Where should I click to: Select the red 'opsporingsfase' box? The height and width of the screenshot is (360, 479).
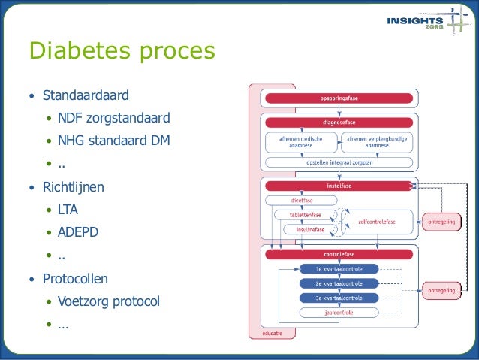pos(338,98)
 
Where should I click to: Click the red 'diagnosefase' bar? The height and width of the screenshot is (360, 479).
pos(338,122)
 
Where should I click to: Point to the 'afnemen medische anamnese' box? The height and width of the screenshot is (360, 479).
pos(301,142)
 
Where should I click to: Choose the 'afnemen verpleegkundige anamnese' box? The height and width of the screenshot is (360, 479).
pos(377,142)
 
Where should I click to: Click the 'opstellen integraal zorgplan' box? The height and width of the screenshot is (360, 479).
pos(338,162)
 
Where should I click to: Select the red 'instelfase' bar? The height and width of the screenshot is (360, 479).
pos(338,186)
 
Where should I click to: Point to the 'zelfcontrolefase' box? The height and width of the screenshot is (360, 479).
pos(376,222)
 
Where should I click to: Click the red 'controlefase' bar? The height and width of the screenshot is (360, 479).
pos(338,254)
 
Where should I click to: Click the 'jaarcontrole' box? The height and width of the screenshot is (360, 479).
pos(338,312)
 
